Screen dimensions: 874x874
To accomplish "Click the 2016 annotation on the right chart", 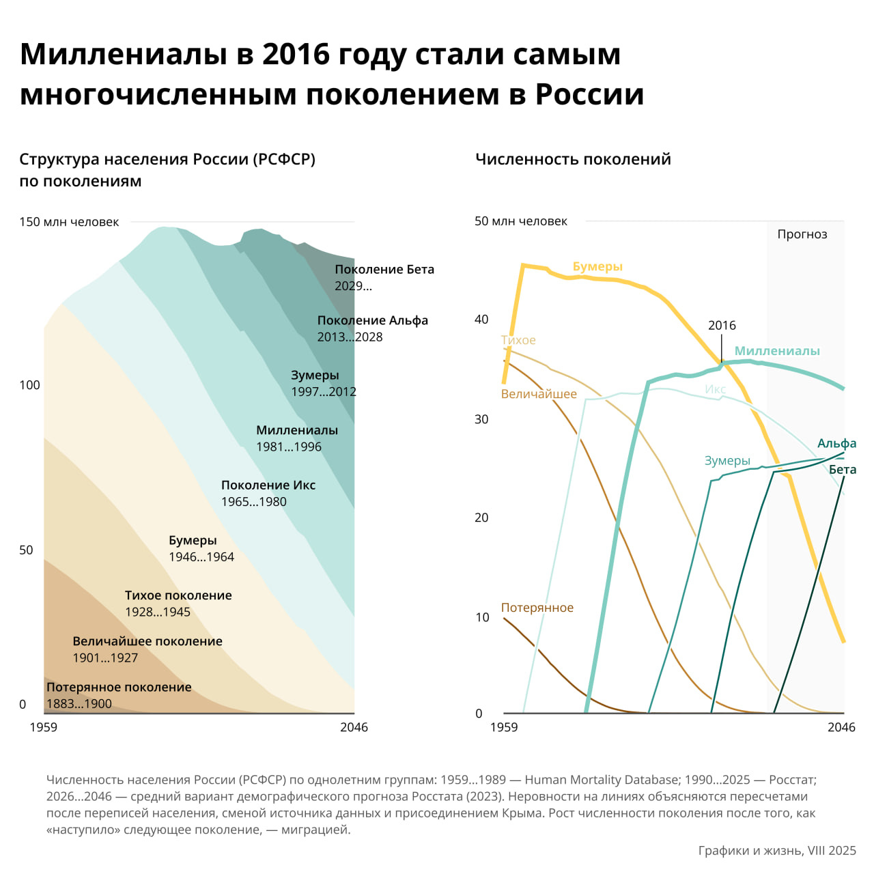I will click(722, 326).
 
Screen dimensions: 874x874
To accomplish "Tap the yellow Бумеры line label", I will click(597, 267).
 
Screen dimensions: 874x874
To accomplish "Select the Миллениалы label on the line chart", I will click(777, 351).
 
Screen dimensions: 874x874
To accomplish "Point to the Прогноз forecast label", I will click(802, 234).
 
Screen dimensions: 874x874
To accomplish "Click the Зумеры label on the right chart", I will click(727, 461).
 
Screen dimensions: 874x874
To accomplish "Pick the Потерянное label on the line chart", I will click(537, 608).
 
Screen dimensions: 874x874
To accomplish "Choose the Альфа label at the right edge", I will click(836, 444).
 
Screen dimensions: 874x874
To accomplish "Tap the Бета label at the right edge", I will click(842, 470).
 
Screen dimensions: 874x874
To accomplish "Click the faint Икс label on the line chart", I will click(715, 389).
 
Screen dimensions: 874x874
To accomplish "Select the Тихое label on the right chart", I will click(518, 340).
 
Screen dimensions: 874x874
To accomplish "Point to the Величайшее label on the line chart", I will click(539, 394).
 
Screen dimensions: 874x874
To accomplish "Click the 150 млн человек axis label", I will click(69, 222).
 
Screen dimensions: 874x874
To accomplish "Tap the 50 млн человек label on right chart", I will click(521, 221).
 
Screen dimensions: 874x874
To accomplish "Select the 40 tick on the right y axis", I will click(481, 320).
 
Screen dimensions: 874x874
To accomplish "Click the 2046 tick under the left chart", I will click(354, 727).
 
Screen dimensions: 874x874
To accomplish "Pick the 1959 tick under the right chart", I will click(504, 727).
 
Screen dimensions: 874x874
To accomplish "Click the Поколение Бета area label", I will click(384, 270).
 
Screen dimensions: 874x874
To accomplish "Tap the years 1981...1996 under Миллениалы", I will click(288, 447).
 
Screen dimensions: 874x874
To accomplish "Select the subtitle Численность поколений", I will click(573, 159).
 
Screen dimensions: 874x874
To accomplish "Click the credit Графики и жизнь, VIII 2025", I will click(776, 850).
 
